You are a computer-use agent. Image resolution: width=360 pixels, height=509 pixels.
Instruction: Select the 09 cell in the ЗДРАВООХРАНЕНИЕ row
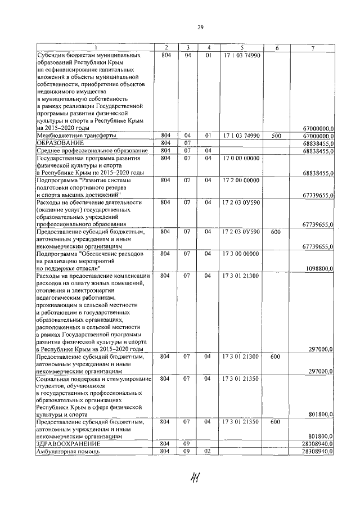187,444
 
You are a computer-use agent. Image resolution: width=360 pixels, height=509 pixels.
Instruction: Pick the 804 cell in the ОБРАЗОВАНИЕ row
165,143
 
